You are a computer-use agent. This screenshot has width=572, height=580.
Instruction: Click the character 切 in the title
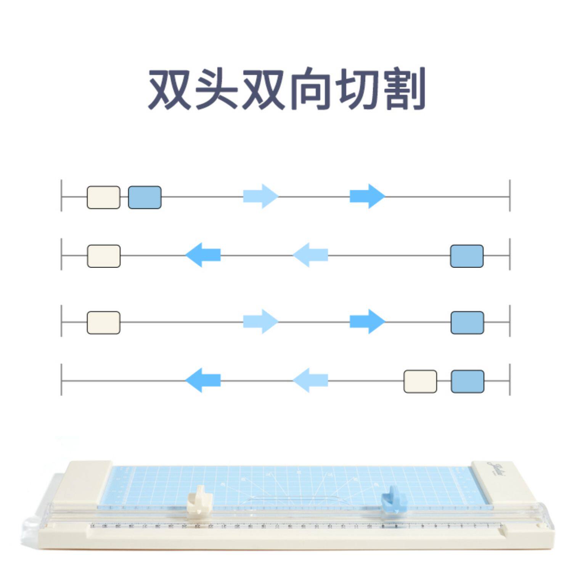click(357, 89)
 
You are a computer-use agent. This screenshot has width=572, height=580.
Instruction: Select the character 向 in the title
click(310, 89)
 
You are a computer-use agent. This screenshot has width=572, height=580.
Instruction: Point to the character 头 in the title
click(216, 89)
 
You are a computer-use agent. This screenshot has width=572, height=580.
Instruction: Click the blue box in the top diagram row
click(145, 197)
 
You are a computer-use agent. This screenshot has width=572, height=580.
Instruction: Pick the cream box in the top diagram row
click(103, 197)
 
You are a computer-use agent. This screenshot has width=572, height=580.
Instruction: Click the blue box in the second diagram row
click(467, 256)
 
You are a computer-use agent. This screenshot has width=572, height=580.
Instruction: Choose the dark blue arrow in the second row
click(203, 255)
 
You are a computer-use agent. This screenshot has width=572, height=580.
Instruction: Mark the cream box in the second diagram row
click(104, 256)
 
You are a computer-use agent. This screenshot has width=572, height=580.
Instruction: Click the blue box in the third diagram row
click(467, 322)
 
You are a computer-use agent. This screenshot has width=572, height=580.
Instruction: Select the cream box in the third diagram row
click(103, 322)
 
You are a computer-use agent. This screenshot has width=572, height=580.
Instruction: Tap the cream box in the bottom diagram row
click(420, 381)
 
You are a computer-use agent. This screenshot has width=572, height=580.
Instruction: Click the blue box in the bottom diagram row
click(468, 381)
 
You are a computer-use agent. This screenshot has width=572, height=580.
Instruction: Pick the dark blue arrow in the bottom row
click(203, 380)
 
